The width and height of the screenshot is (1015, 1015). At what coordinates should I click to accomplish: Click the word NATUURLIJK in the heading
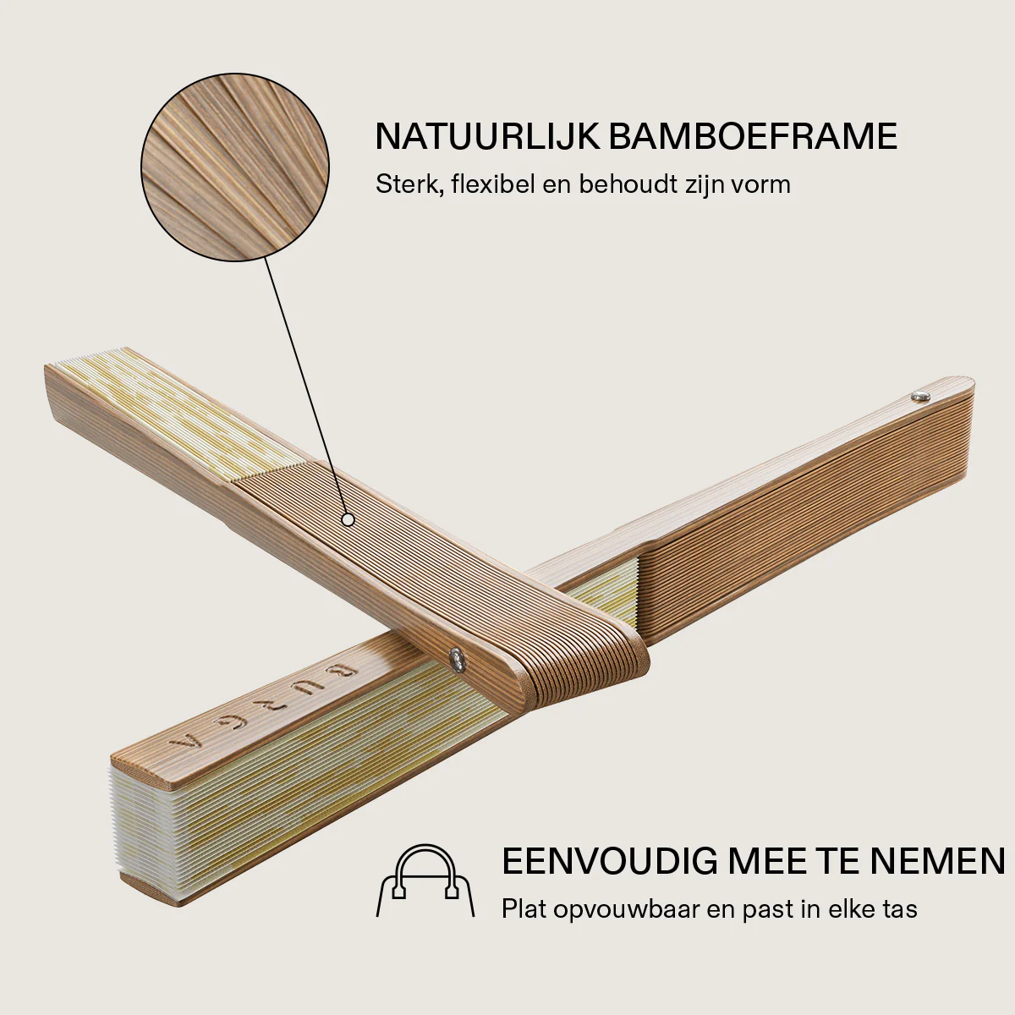pyautogui.click(x=488, y=137)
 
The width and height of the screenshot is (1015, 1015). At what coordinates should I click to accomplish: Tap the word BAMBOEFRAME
pyautogui.click(x=754, y=137)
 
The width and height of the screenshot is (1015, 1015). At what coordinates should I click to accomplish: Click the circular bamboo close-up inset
pyautogui.click(x=235, y=167)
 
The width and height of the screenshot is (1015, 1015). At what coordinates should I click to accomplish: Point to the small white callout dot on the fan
pyautogui.click(x=348, y=520)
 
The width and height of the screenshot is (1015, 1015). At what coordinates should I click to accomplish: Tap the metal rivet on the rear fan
pyautogui.click(x=919, y=396)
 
